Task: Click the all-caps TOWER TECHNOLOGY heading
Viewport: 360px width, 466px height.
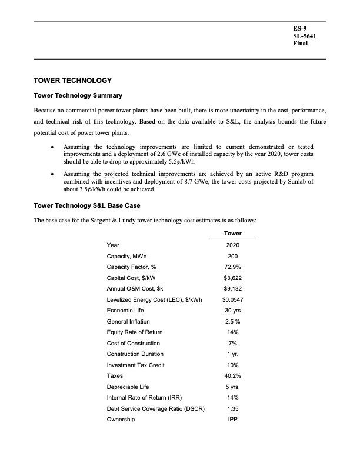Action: click(74, 80)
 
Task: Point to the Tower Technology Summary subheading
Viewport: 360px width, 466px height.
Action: click(78, 95)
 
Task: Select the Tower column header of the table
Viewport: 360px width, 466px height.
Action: click(232, 234)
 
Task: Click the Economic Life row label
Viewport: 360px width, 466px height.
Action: click(125, 310)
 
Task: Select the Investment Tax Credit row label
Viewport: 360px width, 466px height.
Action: click(135, 365)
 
